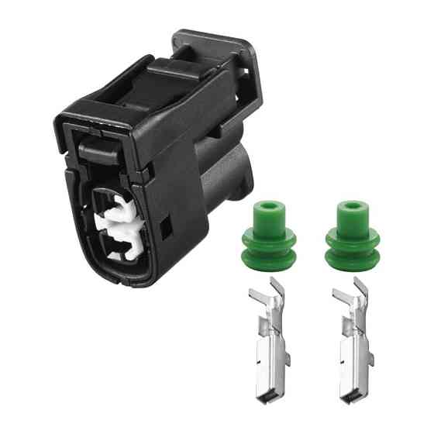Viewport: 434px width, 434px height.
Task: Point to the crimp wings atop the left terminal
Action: (263, 298)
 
